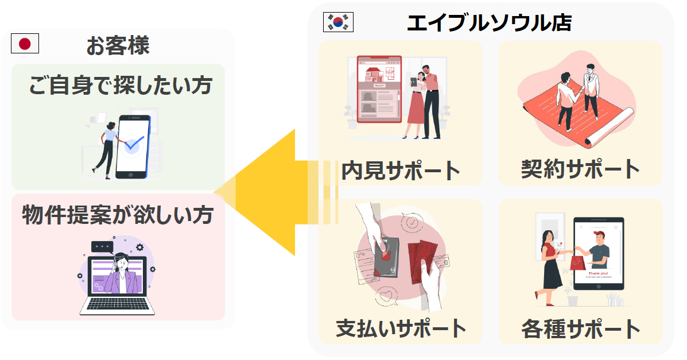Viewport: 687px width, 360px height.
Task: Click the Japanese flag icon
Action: pyautogui.click(x=25, y=44)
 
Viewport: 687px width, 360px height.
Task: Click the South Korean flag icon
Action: pyautogui.click(x=339, y=22)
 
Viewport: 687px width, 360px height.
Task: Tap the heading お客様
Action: pyautogui.click(x=118, y=45)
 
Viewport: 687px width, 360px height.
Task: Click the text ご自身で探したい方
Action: pyautogui.click(x=121, y=86)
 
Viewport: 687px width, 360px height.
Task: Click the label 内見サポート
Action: pyautogui.click(x=401, y=170)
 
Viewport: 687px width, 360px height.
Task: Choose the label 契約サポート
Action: pyautogui.click(x=580, y=169)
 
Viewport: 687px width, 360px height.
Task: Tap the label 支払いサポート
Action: pyautogui.click(x=401, y=328)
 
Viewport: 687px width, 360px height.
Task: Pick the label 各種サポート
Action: pyautogui.click(x=580, y=329)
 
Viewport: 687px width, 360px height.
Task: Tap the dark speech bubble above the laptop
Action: pyautogui.click(x=102, y=246)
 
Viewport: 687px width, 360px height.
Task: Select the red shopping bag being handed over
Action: pyautogui.click(x=577, y=264)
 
